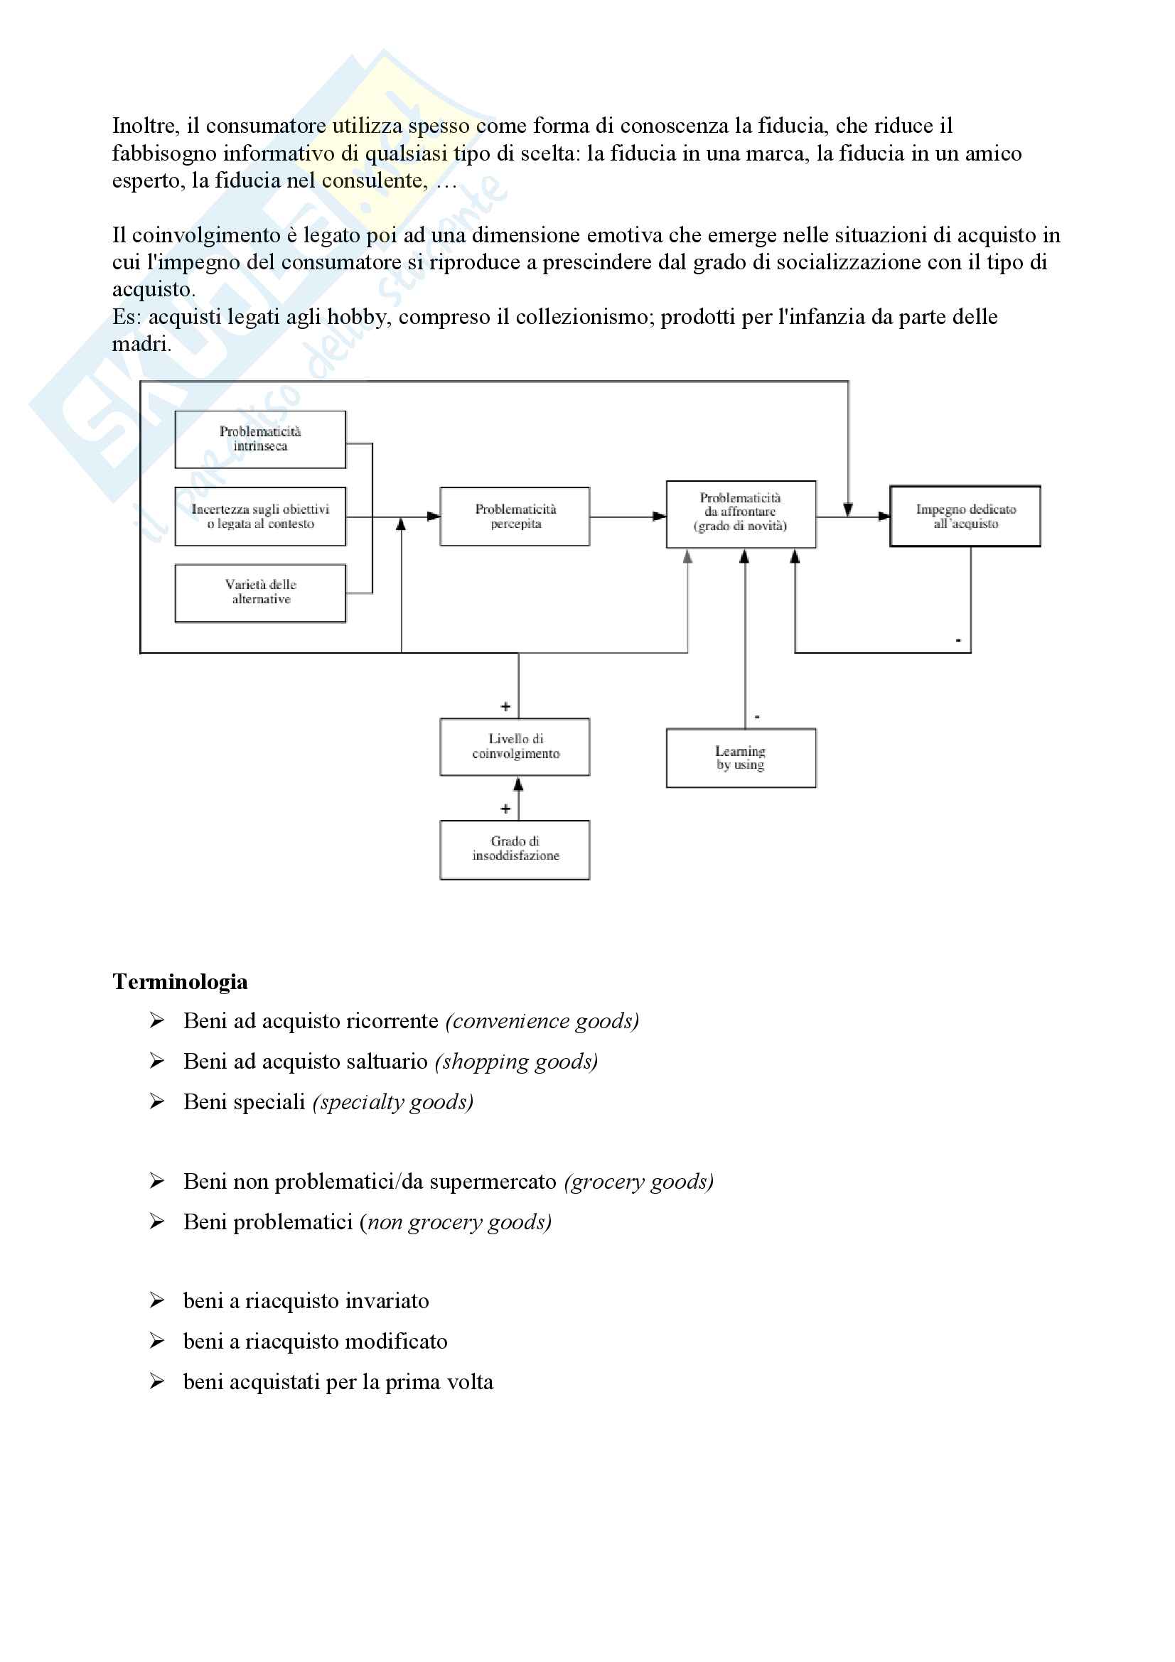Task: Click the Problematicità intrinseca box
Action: click(x=260, y=439)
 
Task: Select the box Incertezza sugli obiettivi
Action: click(x=260, y=516)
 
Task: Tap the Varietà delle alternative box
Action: click(x=260, y=592)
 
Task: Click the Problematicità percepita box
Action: click(x=515, y=516)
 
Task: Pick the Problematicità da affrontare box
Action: click(x=741, y=514)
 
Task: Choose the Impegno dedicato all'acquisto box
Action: click(x=965, y=516)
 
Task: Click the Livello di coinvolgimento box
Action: click(x=515, y=746)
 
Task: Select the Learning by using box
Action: click(x=741, y=757)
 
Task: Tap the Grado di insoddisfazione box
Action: click(x=515, y=849)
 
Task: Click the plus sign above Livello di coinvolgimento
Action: click(x=505, y=706)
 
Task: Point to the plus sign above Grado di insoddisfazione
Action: click(x=505, y=809)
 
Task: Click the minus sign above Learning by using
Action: click(x=757, y=717)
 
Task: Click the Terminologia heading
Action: click(x=181, y=982)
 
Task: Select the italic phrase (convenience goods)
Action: click(x=542, y=1021)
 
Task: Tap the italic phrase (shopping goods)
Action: click(x=516, y=1062)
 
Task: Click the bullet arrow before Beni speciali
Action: click(x=157, y=1102)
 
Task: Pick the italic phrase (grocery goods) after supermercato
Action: click(x=638, y=1182)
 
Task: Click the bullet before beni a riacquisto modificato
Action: click(x=157, y=1342)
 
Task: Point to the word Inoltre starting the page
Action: click(x=145, y=126)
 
